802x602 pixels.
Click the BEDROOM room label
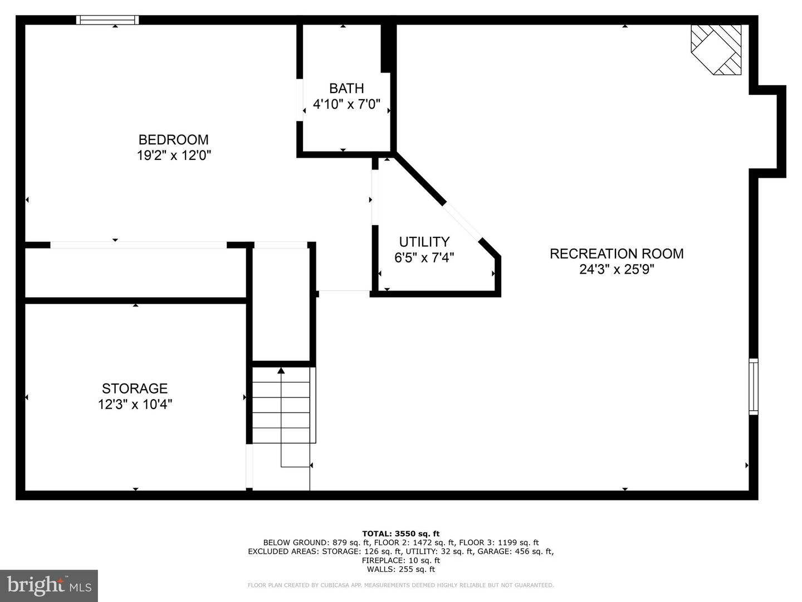coord(174,139)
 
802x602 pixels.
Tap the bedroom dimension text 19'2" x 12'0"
coord(174,156)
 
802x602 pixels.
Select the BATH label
coord(346,89)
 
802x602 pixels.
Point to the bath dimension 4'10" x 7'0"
coord(346,105)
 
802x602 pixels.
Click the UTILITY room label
coord(424,242)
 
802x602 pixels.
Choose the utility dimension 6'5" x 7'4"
coord(424,258)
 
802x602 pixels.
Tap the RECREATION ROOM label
coord(617,254)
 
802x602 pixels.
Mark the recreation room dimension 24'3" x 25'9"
coord(617,270)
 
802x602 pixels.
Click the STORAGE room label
coord(135,388)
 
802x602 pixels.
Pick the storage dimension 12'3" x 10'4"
coord(135,405)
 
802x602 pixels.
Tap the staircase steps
coord(281,405)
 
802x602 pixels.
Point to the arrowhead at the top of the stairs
coord(281,370)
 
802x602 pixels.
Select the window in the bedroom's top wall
coord(107,20)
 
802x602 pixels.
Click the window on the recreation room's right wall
coord(754,387)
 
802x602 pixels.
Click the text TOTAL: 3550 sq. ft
coord(401,534)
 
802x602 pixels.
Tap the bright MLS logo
coord(49,585)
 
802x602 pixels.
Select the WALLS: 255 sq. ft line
coord(401,569)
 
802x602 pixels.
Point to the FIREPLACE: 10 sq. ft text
coord(401,560)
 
